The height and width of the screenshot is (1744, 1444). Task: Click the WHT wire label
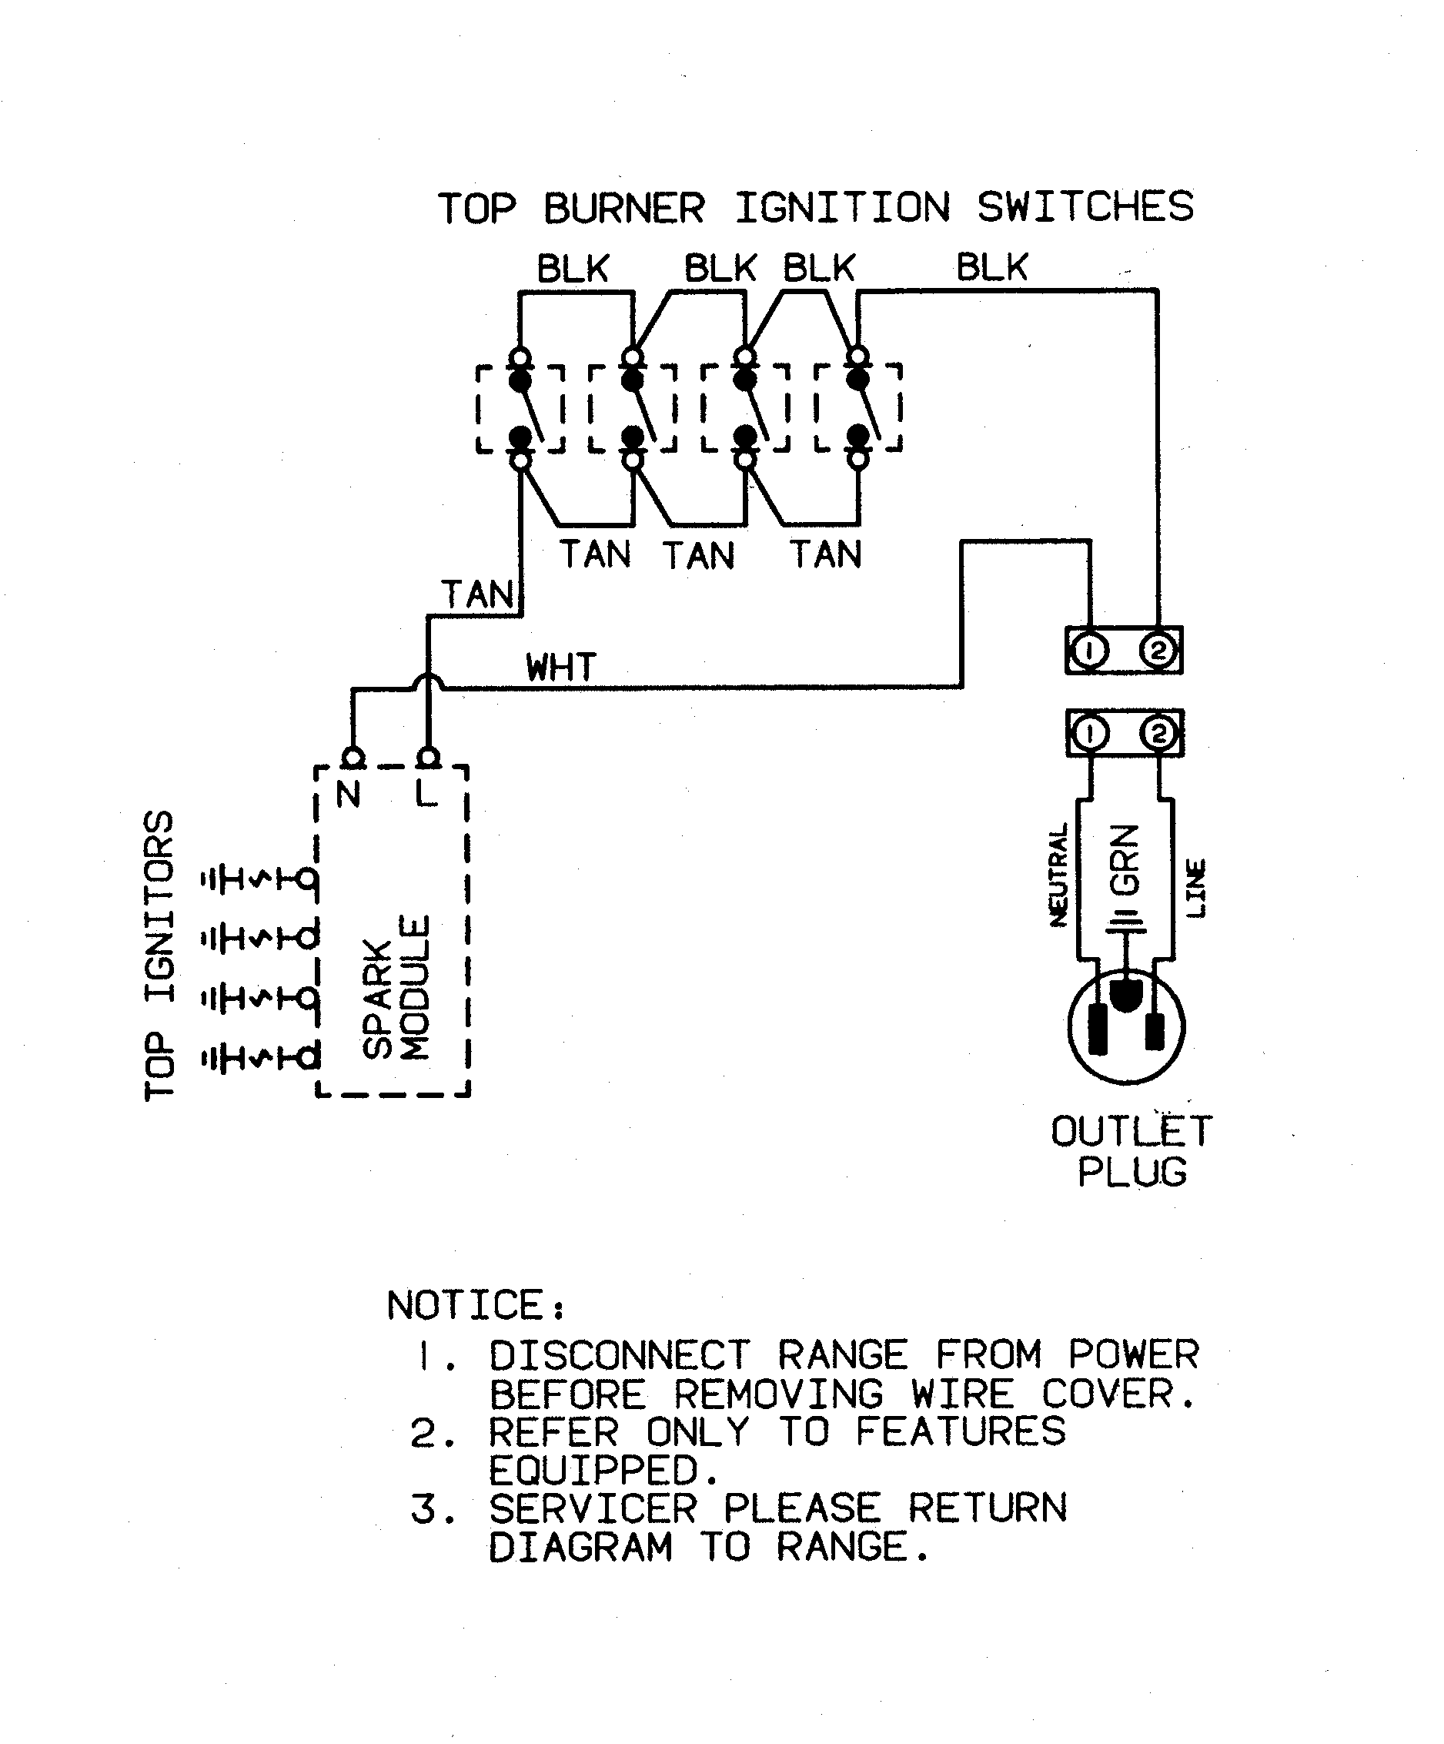pos(561,667)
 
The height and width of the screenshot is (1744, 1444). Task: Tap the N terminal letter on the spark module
pos(349,795)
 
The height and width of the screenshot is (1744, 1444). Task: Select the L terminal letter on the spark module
pos(425,795)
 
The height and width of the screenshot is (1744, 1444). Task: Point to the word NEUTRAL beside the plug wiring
pos(1058,875)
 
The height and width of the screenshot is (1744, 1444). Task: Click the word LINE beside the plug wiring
pos(1195,889)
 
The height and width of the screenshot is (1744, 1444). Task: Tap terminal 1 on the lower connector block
pos(1090,733)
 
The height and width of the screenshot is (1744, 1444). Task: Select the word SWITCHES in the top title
pos(1085,207)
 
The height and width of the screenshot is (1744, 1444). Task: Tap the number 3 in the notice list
pos(423,1509)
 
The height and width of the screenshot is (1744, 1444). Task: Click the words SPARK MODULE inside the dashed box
pos(396,989)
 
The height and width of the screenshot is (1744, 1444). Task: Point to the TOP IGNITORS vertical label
pos(159,955)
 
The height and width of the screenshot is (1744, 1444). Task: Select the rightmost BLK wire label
pos(991,267)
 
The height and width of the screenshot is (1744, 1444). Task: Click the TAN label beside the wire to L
pos(477,594)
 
